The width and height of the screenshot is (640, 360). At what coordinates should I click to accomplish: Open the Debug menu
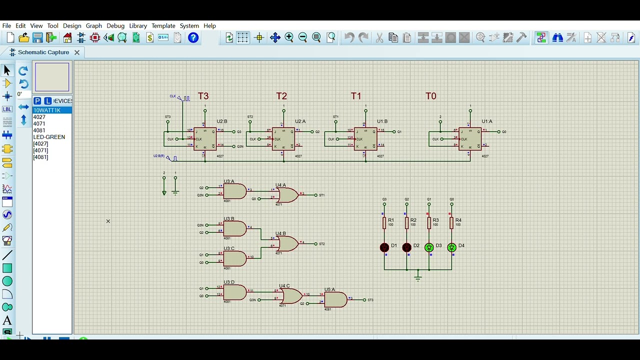tap(115, 25)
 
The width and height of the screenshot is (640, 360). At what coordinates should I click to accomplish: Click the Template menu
tap(163, 25)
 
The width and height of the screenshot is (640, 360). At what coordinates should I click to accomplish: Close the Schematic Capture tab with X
tap(77, 52)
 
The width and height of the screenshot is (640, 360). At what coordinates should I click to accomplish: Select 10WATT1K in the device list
tap(47, 110)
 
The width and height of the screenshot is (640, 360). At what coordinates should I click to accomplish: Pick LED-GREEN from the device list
tap(49, 137)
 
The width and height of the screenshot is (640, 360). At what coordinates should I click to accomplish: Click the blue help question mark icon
tap(193, 38)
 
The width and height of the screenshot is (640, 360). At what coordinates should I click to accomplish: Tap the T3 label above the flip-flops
tap(203, 96)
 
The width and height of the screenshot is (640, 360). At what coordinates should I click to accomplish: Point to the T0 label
tap(430, 96)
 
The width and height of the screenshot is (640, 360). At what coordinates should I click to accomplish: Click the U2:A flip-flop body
tap(283, 139)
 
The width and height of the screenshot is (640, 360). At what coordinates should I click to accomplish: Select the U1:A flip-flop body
tap(470, 139)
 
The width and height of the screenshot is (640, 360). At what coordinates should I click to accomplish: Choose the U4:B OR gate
tap(287, 243)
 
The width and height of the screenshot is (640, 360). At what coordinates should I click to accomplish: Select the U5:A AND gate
tap(335, 299)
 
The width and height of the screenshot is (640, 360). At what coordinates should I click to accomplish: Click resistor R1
tap(384, 223)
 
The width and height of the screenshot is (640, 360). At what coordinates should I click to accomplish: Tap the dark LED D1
tap(384, 247)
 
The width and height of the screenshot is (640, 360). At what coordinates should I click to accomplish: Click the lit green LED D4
tap(451, 247)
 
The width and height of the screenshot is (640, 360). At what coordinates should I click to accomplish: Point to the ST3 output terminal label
tap(370, 300)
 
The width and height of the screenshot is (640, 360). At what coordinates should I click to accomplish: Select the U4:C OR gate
tap(291, 296)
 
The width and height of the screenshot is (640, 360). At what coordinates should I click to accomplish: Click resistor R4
tap(451, 223)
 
